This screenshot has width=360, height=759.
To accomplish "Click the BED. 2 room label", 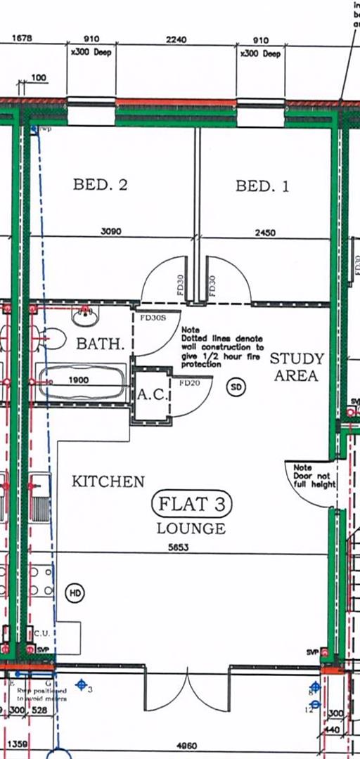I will point(100,186).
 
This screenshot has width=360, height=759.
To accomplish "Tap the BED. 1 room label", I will point(262,186).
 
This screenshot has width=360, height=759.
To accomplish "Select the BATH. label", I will point(101,344).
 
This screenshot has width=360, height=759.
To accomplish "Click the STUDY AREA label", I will point(297,367).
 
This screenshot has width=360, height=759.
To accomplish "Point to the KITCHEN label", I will point(108,481).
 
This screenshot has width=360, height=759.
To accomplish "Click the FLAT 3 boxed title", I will point(191,504).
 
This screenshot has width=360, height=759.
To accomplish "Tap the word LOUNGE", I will point(191,528).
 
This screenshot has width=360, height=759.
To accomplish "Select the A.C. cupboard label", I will point(151,396).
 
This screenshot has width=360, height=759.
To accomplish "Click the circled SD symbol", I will point(236,387).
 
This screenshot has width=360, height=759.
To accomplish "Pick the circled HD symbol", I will point(75,594).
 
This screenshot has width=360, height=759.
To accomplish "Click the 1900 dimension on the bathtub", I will point(80,380).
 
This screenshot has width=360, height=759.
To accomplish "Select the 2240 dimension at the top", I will point(176,40).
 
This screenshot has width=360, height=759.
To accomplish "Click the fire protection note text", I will point(222,347).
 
